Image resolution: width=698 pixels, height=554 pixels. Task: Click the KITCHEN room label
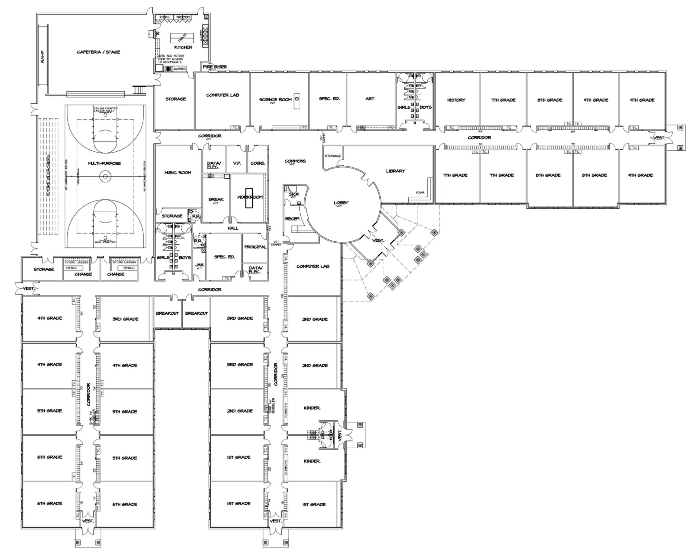(183, 47)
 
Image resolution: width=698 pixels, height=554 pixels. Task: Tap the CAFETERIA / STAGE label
(98, 52)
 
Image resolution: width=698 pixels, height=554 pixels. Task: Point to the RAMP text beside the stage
(43, 57)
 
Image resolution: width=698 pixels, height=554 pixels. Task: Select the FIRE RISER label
(215, 67)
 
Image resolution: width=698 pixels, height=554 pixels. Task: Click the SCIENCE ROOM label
(275, 100)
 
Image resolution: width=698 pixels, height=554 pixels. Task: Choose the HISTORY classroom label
(456, 100)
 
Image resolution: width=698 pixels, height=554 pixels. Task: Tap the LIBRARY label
(395, 171)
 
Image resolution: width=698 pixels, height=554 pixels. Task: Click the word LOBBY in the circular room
(341, 203)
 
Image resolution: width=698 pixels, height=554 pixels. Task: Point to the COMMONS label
(295, 161)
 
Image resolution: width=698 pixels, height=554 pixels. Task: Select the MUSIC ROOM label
(178, 173)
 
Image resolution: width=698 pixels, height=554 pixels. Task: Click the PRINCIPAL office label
(255, 247)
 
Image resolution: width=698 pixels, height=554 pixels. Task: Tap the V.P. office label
(237, 163)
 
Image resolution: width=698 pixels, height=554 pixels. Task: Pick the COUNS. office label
(258, 163)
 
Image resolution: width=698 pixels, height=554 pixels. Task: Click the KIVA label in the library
(420, 193)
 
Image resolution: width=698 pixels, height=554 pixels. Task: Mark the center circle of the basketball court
(105, 176)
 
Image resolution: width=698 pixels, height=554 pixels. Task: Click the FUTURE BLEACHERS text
(48, 175)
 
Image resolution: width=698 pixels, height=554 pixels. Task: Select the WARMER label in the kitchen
(180, 69)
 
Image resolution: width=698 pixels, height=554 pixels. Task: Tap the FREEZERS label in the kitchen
(183, 17)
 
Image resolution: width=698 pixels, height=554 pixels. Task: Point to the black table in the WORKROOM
(249, 198)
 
